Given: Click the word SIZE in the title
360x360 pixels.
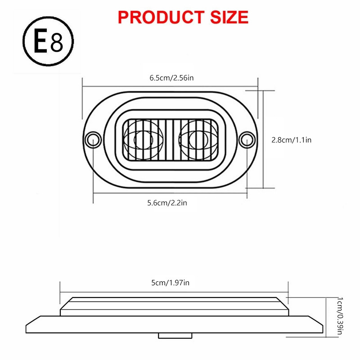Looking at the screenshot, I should click(225, 17).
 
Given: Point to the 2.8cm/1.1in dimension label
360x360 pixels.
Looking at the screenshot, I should click(292, 140).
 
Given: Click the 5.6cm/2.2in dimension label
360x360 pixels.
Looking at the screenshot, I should click(167, 203).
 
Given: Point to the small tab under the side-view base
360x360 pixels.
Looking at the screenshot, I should click(175, 335).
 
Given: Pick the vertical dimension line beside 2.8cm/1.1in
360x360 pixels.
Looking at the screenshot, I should click(262, 139).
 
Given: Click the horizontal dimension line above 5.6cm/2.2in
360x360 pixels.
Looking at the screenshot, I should click(170, 193).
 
